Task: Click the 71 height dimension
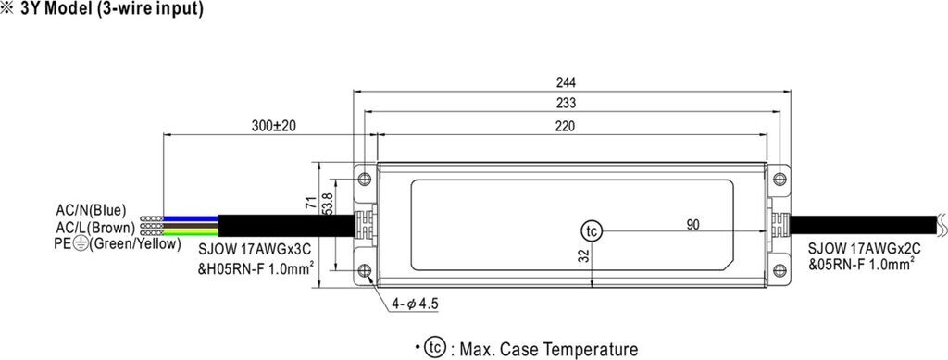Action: pyautogui.click(x=311, y=203)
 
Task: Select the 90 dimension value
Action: pyautogui.click(x=692, y=225)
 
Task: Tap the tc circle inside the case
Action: pyautogui.click(x=592, y=231)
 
